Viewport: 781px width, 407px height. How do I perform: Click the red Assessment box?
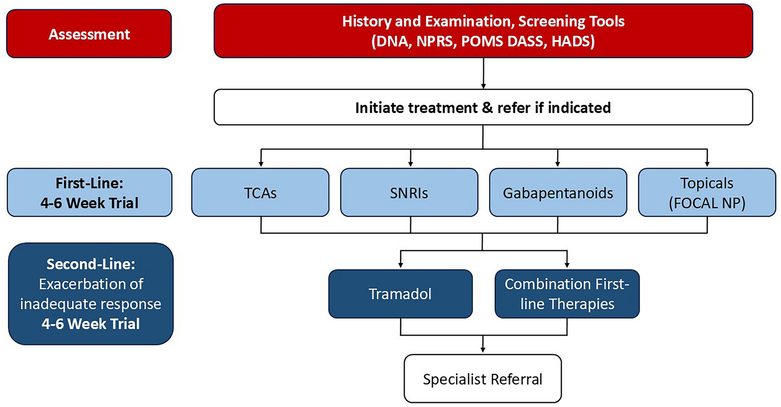pyautogui.click(x=89, y=34)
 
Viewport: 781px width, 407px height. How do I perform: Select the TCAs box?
pyautogui.click(x=260, y=192)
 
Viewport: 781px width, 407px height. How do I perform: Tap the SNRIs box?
pyautogui.click(x=409, y=192)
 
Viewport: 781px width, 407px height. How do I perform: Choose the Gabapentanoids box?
pyautogui.click(x=558, y=192)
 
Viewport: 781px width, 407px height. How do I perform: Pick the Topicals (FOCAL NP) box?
pyautogui.click(x=707, y=192)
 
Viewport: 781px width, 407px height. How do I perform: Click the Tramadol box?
pyautogui.click(x=400, y=294)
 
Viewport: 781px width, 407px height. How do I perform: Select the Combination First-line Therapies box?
pyautogui.click(x=567, y=294)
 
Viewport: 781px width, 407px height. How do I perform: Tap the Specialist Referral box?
pyautogui.click(x=482, y=379)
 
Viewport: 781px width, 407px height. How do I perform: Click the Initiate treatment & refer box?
pyautogui.click(x=483, y=107)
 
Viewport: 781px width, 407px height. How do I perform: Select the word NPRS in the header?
pyautogui.click(x=435, y=41)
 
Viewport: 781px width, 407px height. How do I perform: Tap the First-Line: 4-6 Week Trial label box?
pyautogui.click(x=89, y=192)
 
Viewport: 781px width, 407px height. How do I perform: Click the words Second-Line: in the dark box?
pyautogui.click(x=91, y=264)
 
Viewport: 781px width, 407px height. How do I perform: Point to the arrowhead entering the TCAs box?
pyautogui.click(x=261, y=164)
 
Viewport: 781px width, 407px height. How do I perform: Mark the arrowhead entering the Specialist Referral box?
pyautogui.click(x=483, y=350)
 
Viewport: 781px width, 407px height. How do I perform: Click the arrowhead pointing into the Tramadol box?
pyautogui.click(x=401, y=265)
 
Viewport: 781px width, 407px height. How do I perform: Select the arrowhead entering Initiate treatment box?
pyautogui.click(x=483, y=86)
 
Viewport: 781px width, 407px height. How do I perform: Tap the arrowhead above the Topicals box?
pyautogui.click(x=707, y=164)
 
